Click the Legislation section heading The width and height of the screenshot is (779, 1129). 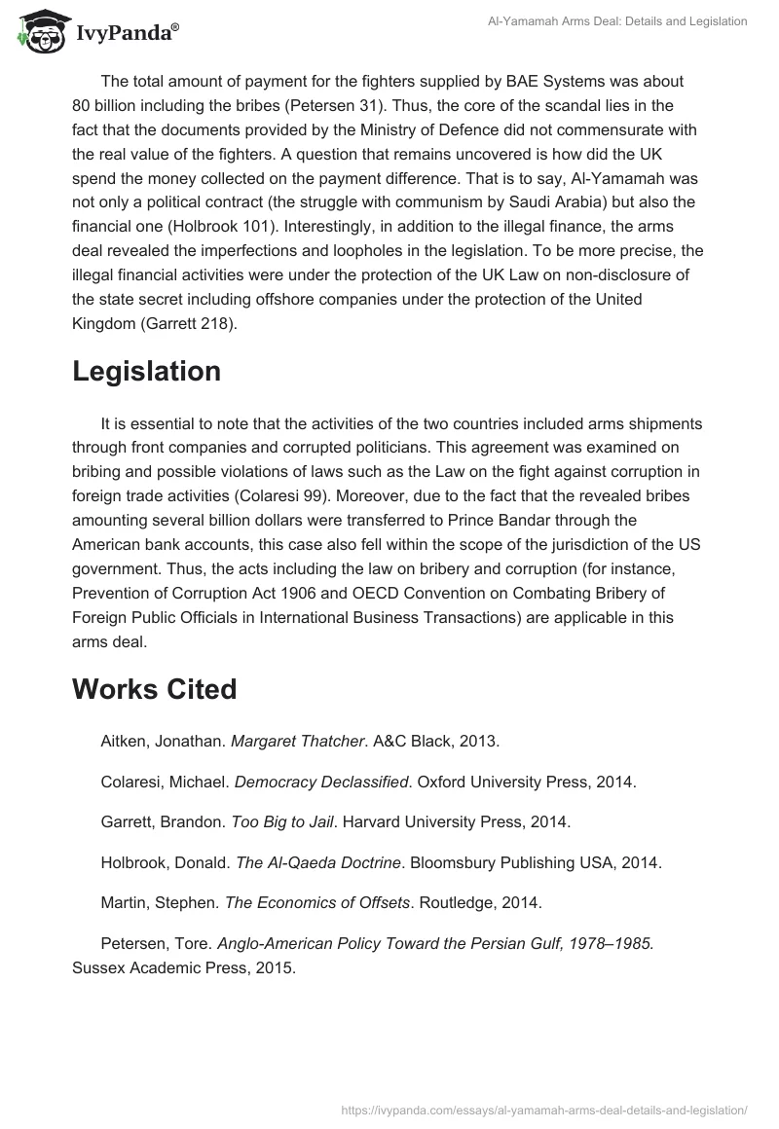[146, 371]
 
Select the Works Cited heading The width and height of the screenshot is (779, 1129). [154, 689]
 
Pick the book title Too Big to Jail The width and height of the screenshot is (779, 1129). [281, 821]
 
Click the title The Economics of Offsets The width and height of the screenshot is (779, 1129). [316, 902]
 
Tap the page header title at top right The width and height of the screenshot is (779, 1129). [617, 20]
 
